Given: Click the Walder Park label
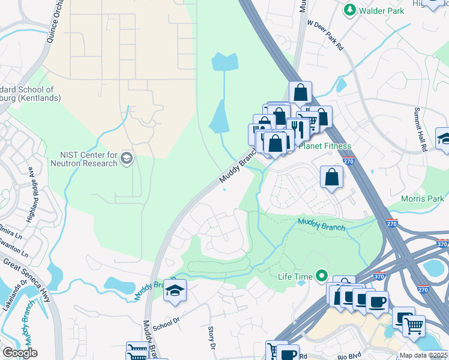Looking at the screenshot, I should pyautogui.click(x=381, y=10).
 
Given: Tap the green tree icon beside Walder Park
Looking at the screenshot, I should pyautogui.click(x=349, y=10).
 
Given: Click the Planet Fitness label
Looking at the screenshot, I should pyautogui.click(x=325, y=146).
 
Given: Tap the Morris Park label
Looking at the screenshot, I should pyautogui.click(x=423, y=199).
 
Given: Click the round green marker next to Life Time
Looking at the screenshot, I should pyautogui.click(x=322, y=276).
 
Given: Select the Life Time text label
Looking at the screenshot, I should pyautogui.click(x=295, y=277).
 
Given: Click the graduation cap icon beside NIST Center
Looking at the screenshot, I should pyautogui.click(x=126, y=158).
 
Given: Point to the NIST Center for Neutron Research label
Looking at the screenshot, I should pyautogui.click(x=88, y=159).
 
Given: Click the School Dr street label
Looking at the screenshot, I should pyautogui.click(x=166, y=323).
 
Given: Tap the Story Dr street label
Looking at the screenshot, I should pyautogui.click(x=212, y=338).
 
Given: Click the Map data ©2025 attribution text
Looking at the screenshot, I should pyautogui.click(x=423, y=355).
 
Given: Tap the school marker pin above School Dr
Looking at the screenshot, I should pyautogui.click(x=175, y=290).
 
